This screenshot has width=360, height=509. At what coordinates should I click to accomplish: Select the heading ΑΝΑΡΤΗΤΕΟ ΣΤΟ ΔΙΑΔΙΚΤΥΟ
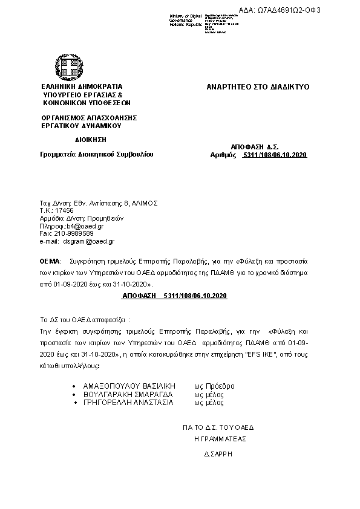[258, 87]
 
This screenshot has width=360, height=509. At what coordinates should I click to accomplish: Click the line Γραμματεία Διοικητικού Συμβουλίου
[97, 154]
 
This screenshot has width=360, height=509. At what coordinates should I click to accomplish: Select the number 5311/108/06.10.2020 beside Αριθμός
[275, 155]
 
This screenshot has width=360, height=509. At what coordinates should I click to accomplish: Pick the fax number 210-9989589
[72, 233]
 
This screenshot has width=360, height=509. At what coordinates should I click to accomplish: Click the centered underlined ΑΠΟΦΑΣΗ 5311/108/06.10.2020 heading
[174, 295]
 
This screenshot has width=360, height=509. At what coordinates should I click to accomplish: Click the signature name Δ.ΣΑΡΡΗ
[219, 453]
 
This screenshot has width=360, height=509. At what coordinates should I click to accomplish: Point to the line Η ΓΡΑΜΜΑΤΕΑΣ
[220, 439]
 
